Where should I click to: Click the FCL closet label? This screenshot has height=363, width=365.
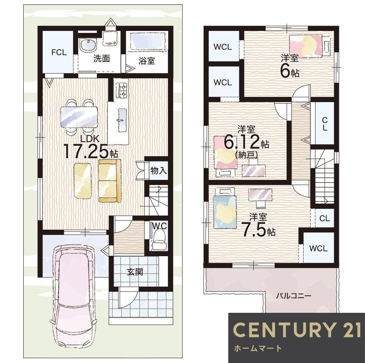59,52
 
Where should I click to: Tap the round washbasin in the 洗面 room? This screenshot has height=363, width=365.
88,45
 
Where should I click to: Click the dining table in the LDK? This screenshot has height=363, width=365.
79,117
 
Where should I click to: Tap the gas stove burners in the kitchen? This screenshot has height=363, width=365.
121,90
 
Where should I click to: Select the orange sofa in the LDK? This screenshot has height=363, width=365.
110,180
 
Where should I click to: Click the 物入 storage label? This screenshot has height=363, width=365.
159,171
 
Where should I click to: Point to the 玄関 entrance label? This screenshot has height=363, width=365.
135,272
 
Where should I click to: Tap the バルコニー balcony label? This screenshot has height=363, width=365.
294,296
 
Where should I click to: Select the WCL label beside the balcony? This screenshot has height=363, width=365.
318,249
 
